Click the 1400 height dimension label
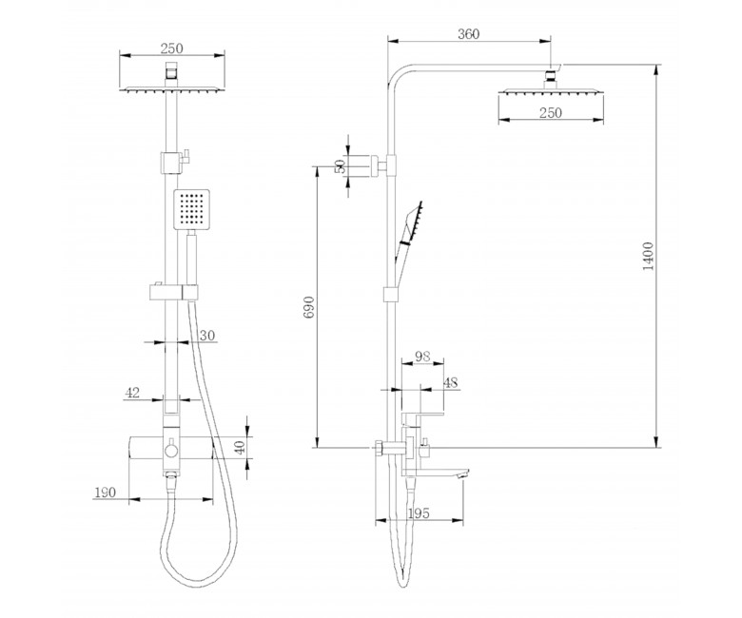pos(649,256)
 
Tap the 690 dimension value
pos(308,307)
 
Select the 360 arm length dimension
pos(468,34)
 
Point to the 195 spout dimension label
pos(419,513)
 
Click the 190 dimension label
pos(105,492)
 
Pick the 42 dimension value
pos(132,393)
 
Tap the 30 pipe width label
pos(207,336)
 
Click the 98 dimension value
pos(422,356)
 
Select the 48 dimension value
pos(451,382)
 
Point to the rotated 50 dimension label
pos(341,166)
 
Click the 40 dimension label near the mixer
pos(241,447)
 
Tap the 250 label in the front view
pos(172,48)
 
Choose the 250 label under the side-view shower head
pos(551,112)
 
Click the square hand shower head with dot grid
pos(191,209)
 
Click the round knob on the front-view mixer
pos(171,450)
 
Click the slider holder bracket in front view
pos(174,292)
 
